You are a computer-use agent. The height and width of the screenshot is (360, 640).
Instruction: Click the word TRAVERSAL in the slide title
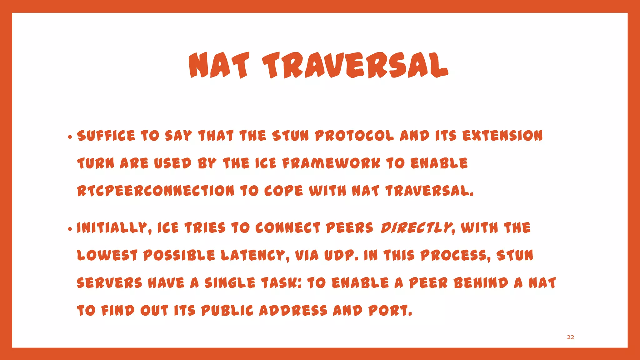[x=355, y=66]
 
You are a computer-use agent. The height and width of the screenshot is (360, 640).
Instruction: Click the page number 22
[x=570, y=337]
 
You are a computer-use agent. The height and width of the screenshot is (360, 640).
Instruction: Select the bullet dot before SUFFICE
[x=70, y=137]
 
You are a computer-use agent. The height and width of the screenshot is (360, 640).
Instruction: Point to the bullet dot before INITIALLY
[x=70, y=229]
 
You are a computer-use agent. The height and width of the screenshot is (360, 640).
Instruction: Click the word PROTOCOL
[x=354, y=136]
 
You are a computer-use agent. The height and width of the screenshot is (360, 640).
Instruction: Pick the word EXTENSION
[x=502, y=136]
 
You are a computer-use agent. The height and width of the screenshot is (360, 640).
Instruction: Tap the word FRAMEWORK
[x=331, y=163]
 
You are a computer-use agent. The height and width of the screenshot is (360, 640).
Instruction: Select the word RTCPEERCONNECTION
[x=155, y=191]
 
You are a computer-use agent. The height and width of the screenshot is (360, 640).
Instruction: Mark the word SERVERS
[x=109, y=283]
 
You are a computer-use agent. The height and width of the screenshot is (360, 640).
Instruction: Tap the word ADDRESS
[x=293, y=311]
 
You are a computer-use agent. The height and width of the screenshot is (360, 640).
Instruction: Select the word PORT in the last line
[x=389, y=311]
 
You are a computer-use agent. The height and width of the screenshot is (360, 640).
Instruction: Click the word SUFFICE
[x=106, y=136]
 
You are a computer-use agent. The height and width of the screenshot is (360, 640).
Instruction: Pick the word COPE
[x=283, y=191]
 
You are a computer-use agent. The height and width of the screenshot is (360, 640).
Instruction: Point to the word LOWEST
[x=107, y=256]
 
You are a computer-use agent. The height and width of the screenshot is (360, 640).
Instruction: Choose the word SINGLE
[x=230, y=283]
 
